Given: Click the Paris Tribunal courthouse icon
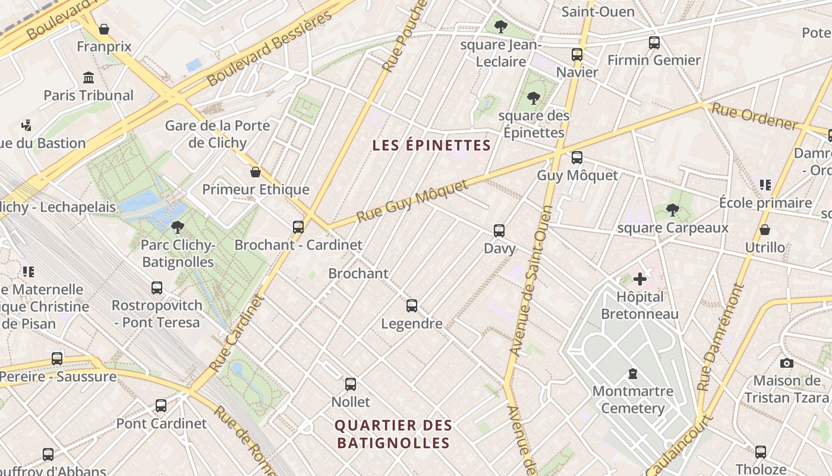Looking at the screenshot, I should [89, 77].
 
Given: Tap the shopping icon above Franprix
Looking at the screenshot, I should [104, 29].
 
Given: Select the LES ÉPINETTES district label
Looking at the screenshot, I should [431, 145].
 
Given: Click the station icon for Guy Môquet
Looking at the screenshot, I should [576, 158].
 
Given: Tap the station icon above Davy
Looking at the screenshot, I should [499, 230].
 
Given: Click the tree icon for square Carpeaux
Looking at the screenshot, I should [673, 210].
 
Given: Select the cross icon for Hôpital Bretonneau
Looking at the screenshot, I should [639, 278].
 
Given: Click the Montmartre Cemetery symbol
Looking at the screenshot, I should [633, 374].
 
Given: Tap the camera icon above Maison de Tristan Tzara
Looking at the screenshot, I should [786, 363].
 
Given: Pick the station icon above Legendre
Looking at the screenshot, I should [412, 306].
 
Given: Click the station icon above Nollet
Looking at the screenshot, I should [351, 384].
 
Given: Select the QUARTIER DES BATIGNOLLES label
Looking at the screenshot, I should [393, 434].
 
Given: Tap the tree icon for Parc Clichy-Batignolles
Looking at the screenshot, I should [177, 227].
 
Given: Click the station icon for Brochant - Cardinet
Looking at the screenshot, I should [298, 227].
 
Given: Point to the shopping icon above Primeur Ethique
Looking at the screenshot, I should [256, 172].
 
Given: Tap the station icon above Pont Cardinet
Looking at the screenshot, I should [161, 406].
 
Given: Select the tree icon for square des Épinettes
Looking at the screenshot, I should [534, 98].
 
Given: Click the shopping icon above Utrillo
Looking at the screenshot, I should [765, 230].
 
